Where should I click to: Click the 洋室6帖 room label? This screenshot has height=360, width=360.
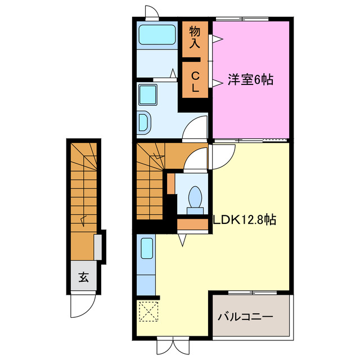point(250,80)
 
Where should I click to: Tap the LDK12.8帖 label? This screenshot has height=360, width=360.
point(244,220)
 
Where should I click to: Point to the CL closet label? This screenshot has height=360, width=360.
point(195,82)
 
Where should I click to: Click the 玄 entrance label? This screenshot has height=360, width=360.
point(83,277)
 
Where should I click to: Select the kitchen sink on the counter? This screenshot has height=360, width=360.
point(147,248)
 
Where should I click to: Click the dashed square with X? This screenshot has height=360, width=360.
point(147,312)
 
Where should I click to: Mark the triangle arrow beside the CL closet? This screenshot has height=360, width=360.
point(217,83)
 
